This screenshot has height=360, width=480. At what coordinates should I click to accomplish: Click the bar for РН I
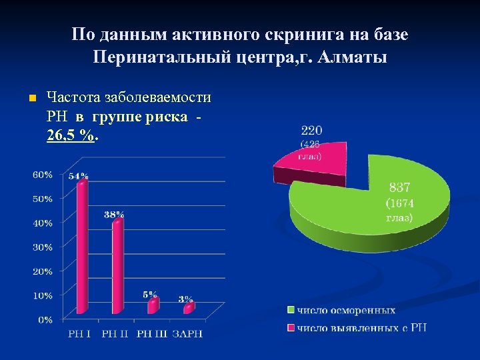(x=82, y=247)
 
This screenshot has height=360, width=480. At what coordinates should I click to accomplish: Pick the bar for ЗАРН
(x=189, y=307)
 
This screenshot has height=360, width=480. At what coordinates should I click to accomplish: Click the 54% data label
(x=78, y=176)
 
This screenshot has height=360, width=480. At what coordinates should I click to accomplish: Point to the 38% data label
(x=114, y=215)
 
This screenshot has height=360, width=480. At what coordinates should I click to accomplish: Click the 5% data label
(x=151, y=294)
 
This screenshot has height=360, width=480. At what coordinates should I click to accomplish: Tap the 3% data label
(x=186, y=299)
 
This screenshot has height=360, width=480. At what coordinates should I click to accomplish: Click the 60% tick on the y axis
(x=43, y=175)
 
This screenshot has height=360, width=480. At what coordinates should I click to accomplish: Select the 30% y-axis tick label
(x=43, y=247)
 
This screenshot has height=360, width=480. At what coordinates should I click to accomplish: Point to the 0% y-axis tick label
(x=45, y=320)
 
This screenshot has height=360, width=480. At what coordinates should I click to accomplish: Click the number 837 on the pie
(x=400, y=188)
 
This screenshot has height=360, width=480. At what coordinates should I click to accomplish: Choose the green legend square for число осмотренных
(x=291, y=310)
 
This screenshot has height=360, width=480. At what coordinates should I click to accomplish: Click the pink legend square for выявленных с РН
(x=291, y=327)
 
